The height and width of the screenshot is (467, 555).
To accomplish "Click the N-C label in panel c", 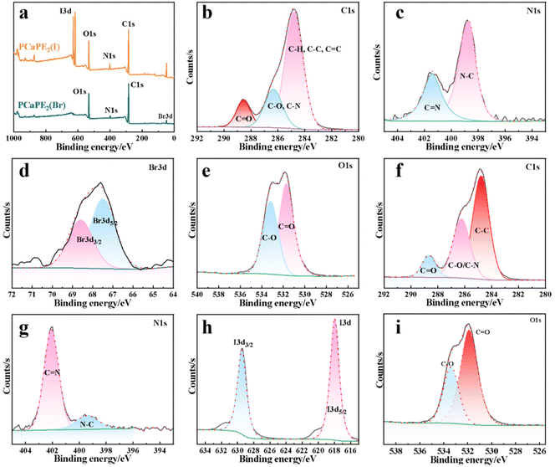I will pyautogui.click(x=469, y=75).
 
